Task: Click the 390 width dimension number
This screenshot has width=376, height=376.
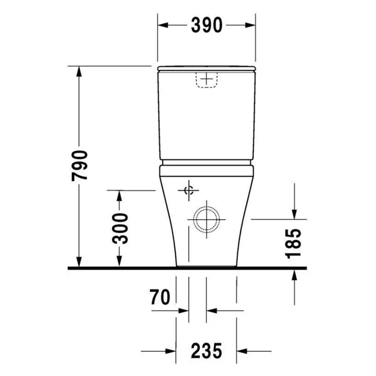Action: point(207,25)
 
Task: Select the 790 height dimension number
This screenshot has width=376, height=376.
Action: point(80,166)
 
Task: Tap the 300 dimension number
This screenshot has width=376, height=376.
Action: point(120,228)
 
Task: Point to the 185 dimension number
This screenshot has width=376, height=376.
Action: point(293,244)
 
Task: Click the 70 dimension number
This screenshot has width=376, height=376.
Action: point(160,297)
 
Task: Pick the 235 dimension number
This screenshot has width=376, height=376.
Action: point(206,351)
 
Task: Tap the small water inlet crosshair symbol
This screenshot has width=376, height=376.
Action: point(189,191)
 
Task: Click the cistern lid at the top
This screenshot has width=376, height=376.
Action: point(206,68)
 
